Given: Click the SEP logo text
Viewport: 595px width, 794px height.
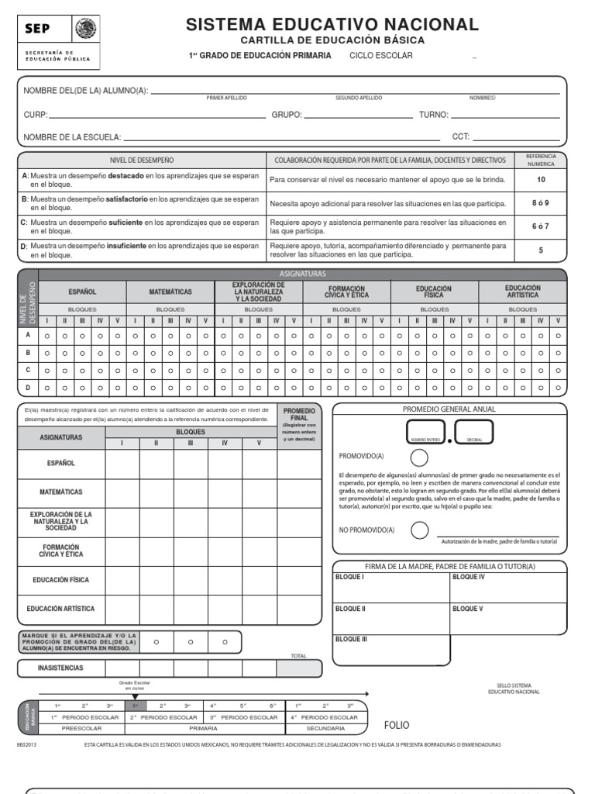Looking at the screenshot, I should click(x=39, y=30).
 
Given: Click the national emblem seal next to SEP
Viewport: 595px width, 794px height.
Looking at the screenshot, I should click(x=84, y=29).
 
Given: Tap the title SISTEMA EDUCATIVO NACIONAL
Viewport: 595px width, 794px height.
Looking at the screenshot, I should click(x=332, y=24).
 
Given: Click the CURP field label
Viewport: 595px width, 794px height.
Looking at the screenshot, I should click(x=36, y=115).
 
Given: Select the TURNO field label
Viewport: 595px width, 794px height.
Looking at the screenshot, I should click(x=434, y=115).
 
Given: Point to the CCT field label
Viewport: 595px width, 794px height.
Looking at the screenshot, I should click(x=461, y=137).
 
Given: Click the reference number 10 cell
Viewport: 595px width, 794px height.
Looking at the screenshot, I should click(x=541, y=179).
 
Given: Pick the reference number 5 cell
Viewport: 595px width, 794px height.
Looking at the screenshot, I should click(x=541, y=250).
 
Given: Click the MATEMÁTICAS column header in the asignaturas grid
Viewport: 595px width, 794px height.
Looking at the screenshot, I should click(x=170, y=292).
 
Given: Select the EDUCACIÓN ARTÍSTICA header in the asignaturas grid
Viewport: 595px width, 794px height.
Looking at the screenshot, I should click(x=522, y=292).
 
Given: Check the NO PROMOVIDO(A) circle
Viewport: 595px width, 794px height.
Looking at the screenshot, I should click(x=419, y=530).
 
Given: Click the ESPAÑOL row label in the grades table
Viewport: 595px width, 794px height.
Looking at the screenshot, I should click(x=60, y=463).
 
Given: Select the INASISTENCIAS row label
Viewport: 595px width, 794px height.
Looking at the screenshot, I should click(x=60, y=668).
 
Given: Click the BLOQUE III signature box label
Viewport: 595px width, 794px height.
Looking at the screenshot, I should click(x=350, y=640).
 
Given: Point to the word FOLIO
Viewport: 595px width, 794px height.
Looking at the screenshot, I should click(x=397, y=725).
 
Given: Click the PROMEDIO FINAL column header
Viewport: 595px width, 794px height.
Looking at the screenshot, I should click(x=299, y=413).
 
